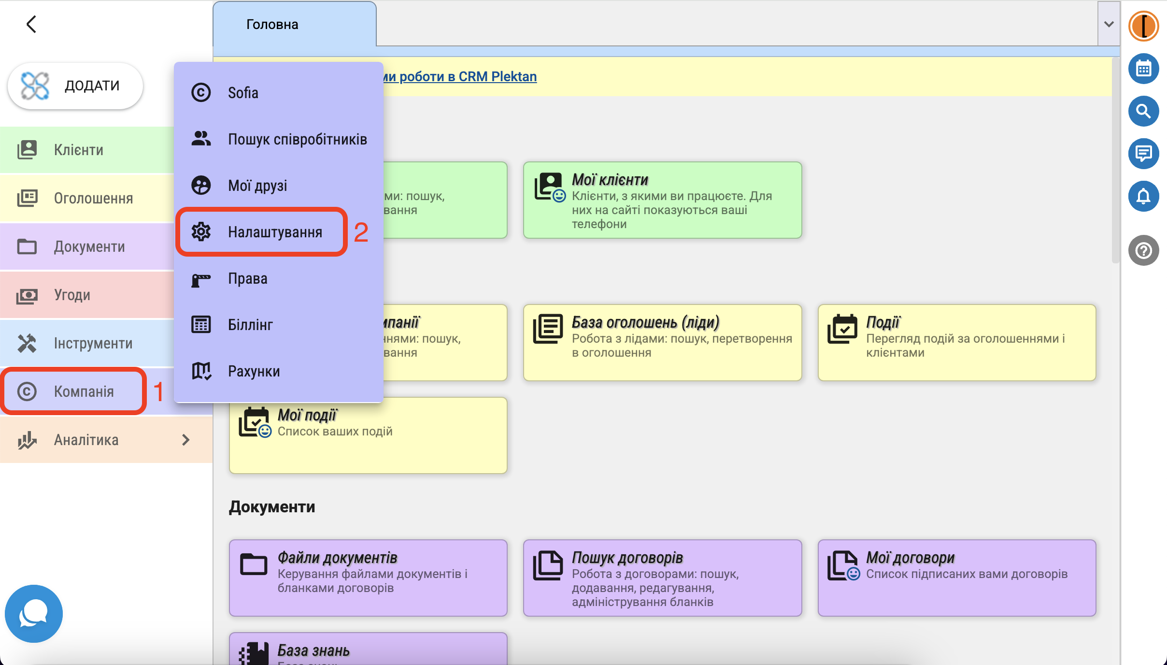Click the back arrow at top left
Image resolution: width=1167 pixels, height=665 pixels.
pos(31,24)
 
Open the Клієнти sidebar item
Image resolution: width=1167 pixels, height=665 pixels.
pos(78,150)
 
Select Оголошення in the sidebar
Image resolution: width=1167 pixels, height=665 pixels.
pos(93,198)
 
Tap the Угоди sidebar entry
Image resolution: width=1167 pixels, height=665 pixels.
pos(72,295)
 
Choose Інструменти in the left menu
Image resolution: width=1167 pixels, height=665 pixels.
pos(93,343)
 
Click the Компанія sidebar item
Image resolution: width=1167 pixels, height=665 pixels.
pos(84,391)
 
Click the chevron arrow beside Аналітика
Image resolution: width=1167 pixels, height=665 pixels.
pos(186,440)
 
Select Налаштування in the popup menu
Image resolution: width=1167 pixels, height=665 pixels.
pos(274,232)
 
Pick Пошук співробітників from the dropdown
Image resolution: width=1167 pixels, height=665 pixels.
pos(297,139)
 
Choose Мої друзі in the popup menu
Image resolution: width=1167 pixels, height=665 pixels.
pos(257,186)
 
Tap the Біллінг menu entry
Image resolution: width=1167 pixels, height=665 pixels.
pos(250,325)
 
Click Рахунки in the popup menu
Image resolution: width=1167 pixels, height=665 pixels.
pos(254,371)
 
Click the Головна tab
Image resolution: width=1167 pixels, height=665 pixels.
pos(272,25)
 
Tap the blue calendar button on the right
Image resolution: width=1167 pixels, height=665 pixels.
pos(1143,69)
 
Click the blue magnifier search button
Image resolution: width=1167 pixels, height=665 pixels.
pos(1143,111)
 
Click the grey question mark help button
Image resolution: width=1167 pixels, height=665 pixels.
pos(1143,250)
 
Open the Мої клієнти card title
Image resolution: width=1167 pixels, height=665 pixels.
pos(610,180)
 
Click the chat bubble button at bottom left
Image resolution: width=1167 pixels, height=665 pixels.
pos(33,614)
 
